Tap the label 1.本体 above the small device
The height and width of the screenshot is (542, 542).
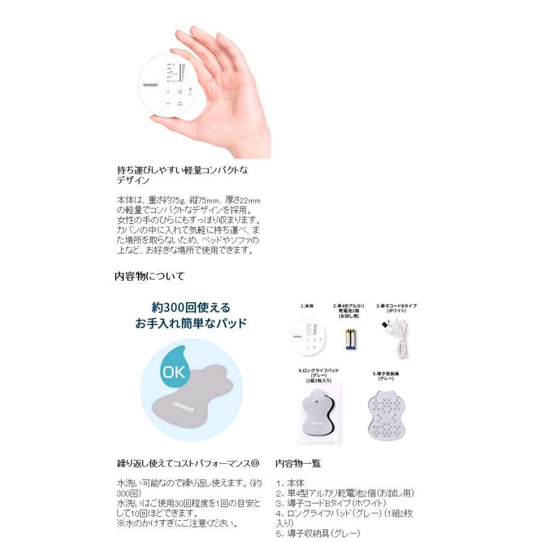(x=307, y=306)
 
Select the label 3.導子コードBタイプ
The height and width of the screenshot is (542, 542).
(x=396, y=305)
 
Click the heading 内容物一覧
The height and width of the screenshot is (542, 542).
(x=298, y=464)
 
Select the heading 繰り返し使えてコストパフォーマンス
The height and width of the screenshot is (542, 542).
(x=187, y=464)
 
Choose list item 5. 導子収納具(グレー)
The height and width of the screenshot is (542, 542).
(x=317, y=533)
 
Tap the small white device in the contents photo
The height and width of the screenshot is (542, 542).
(x=308, y=337)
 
